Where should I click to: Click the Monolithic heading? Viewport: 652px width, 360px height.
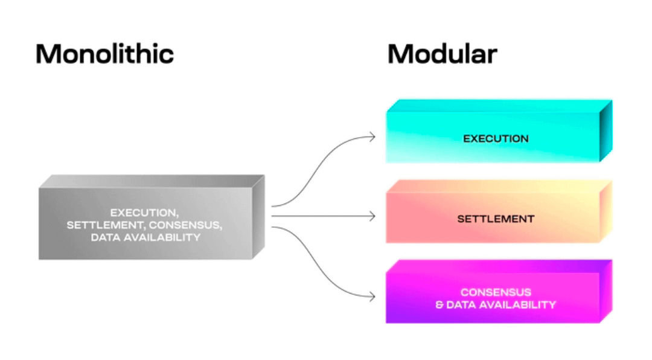[104, 54]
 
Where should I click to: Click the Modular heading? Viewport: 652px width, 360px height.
[442, 54]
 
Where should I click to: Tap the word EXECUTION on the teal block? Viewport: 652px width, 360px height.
[496, 139]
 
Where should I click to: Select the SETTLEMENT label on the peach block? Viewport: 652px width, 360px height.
[496, 219]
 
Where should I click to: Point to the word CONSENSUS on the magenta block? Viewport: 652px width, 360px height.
[496, 293]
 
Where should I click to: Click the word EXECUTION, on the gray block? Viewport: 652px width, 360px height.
[144, 213]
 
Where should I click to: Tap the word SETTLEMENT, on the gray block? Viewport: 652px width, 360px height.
[99, 225]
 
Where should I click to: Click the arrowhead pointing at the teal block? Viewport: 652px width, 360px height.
[372, 137]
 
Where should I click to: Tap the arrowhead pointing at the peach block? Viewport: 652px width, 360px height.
[372, 217]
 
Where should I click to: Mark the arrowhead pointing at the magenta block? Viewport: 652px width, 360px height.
[372, 297]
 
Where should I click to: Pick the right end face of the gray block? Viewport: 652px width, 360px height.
[258, 217]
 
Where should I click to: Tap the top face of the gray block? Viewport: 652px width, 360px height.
[151, 181]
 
